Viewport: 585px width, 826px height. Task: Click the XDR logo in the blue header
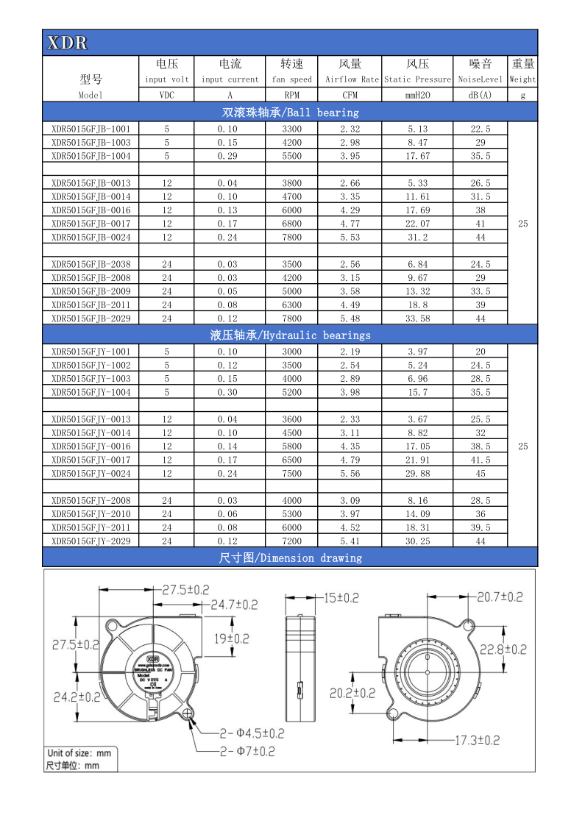click(x=67, y=43)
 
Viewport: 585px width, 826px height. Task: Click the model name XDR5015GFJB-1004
click(x=91, y=156)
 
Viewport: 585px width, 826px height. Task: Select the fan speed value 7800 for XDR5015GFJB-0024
click(x=292, y=237)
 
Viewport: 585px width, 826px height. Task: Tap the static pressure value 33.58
click(x=417, y=318)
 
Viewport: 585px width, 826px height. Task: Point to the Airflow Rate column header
click(x=350, y=79)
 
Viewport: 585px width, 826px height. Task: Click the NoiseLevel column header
click(x=481, y=79)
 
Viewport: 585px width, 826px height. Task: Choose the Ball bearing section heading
click(x=290, y=113)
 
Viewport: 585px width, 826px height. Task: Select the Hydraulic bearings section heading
click(x=290, y=335)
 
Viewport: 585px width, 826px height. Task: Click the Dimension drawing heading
click(x=290, y=558)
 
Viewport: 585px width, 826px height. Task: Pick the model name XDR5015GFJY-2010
click(x=91, y=513)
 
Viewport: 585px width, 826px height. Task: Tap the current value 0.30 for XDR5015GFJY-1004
click(x=230, y=392)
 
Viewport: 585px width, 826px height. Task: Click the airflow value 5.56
click(x=350, y=473)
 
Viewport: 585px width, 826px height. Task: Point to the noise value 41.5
click(x=481, y=460)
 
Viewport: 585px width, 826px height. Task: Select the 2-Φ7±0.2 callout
click(x=247, y=751)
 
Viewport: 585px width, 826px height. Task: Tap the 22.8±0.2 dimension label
click(x=503, y=649)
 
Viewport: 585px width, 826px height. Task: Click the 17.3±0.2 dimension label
click(x=476, y=739)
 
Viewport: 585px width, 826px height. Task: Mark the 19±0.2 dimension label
click(x=232, y=638)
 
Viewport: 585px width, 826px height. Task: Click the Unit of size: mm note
click(x=79, y=752)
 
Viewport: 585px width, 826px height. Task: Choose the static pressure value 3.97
click(x=417, y=352)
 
